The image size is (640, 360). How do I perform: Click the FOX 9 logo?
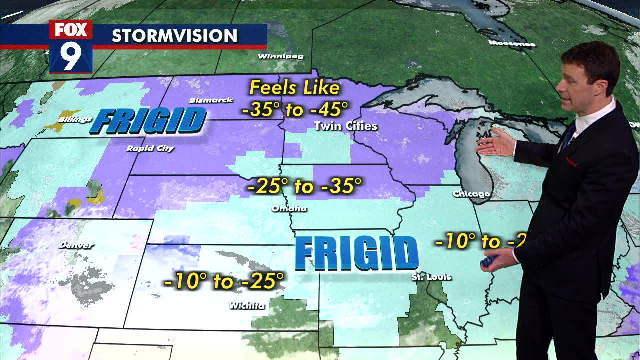(71, 46)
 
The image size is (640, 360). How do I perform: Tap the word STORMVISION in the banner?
(174, 36)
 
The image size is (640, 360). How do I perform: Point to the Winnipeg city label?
(280, 56)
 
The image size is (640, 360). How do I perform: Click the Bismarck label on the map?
(211, 100)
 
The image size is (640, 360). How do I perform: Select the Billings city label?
(75, 119)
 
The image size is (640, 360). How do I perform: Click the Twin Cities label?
(346, 126)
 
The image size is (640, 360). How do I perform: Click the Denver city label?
(76, 245)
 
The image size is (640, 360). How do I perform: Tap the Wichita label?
(247, 305)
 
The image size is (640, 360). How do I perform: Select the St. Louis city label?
(431, 277)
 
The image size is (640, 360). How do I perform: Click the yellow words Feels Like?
(295, 88)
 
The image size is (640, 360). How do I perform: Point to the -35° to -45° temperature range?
(295, 109)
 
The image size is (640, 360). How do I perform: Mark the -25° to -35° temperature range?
(304, 186)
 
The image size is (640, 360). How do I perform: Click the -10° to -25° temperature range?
(224, 281)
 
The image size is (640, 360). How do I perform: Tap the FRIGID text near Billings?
(148, 121)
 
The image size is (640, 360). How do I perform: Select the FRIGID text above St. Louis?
(356, 254)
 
